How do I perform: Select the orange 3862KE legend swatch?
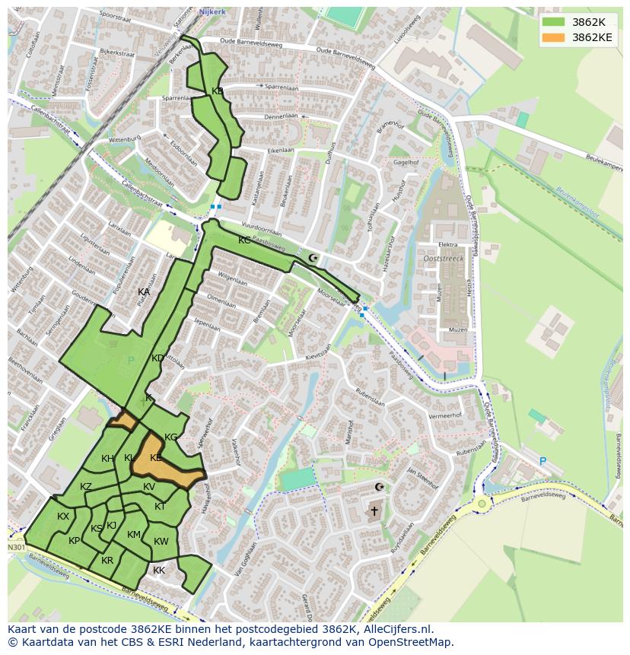click(x=553, y=37)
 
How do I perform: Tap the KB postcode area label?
click(x=218, y=91)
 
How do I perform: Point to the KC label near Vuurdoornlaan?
click(x=244, y=240)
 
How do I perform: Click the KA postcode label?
click(x=144, y=292)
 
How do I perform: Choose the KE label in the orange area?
click(x=156, y=458)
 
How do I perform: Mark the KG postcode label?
click(x=171, y=437)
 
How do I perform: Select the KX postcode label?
click(x=63, y=517)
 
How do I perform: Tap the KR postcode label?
click(x=107, y=561)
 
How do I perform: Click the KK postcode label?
click(x=159, y=571)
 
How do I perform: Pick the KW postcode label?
click(x=161, y=542)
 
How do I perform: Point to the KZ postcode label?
click(x=86, y=487)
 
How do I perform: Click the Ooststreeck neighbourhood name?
click(x=444, y=259)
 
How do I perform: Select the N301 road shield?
click(x=16, y=547)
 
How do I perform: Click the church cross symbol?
click(x=374, y=511)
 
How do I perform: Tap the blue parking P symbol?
click(x=542, y=462)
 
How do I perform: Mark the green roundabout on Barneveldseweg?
click(x=482, y=503)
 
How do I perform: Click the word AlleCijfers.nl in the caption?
click(x=396, y=629)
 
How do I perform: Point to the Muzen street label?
click(x=458, y=330)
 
